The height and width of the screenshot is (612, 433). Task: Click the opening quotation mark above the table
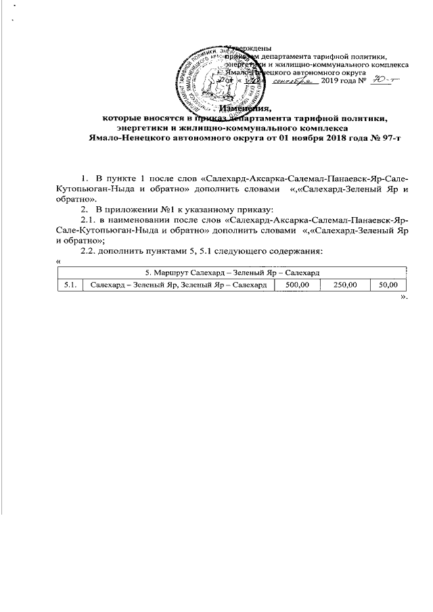(x=60, y=260)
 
